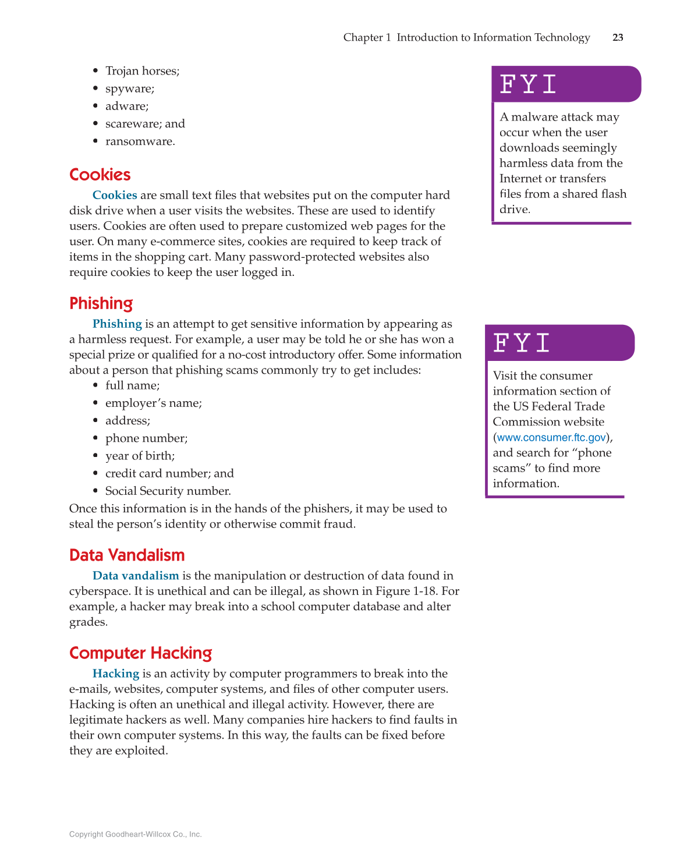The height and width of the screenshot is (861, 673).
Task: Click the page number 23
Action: tap(618, 37)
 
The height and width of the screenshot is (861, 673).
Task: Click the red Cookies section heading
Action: tap(100, 175)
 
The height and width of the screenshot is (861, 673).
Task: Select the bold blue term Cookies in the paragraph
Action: tap(115, 195)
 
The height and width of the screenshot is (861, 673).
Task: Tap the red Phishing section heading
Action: tap(101, 303)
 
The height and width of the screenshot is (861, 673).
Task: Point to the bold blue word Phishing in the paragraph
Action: tap(117, 324)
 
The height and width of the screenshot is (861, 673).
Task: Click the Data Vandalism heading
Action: tap(126, 555)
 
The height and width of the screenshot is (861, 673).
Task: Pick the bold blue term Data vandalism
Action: tap(136, 576)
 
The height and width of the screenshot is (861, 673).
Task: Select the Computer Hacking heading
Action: tap(140, 653)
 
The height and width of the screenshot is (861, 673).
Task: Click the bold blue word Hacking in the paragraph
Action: tap(116, 674)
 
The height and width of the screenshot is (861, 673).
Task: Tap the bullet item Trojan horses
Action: tap(142, 71)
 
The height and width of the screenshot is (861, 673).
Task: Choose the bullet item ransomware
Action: tap(140, 141)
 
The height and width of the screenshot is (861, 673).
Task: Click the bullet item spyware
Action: tap(129, 88)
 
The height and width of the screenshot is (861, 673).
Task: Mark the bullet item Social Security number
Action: tap(168, 491)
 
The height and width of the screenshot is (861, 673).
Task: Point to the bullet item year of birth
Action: tap(140, 456)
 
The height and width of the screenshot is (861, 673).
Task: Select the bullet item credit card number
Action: tap(169, 473)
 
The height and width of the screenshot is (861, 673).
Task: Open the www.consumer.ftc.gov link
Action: tap(551, 437)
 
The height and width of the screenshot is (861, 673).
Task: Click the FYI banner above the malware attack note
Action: tap(565, 84)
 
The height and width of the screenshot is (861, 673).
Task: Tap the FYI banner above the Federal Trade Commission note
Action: tap(559, 343)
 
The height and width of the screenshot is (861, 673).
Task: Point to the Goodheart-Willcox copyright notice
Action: tap(135, 834)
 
